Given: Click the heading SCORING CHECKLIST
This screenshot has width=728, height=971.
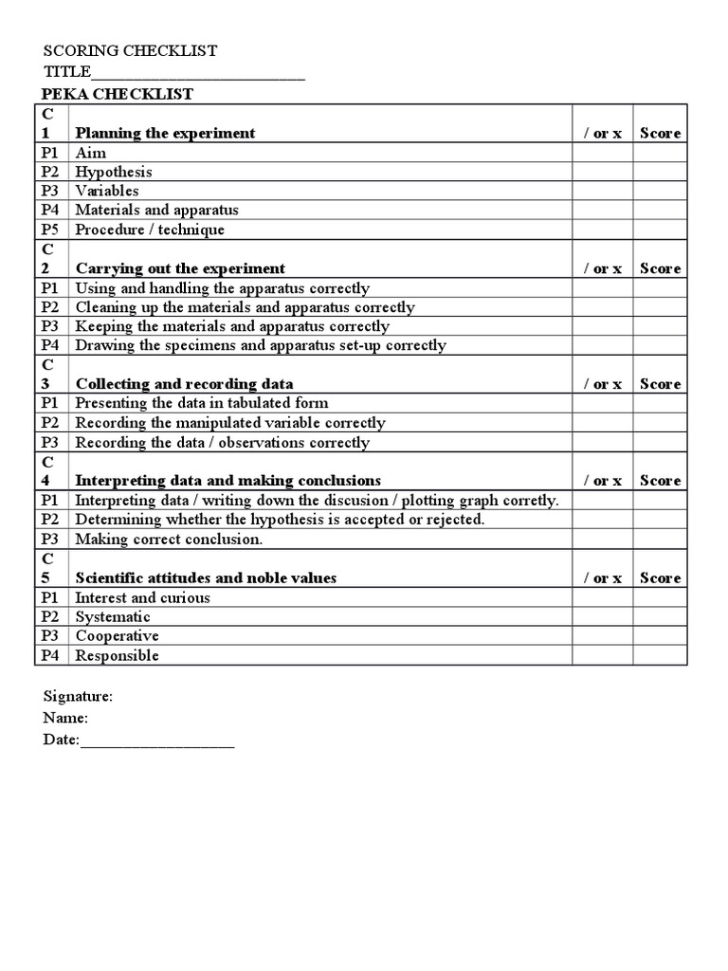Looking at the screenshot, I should (x=130, y=50).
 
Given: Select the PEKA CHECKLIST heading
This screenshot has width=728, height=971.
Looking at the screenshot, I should (x=118, y=94).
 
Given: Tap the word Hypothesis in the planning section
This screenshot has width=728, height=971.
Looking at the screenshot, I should (x=114, y=172).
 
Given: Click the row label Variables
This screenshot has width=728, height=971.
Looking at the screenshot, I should (x=107, y=191).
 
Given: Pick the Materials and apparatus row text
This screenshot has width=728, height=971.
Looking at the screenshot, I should (x=157, y=210).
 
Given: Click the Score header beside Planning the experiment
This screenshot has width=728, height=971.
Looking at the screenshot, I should (x=660, y=133).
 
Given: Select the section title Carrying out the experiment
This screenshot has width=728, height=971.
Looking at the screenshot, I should (x=180, y=268).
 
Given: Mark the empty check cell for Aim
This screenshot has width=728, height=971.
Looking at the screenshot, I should (x=602, y=153).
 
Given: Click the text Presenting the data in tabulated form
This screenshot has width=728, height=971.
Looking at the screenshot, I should (x=202, y=403).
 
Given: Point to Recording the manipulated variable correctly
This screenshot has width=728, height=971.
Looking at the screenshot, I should (x=230, y=423).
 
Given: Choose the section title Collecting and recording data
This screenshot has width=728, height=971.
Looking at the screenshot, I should (x=184, y=384).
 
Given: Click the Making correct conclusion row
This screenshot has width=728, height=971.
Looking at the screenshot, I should (x=169, y=539).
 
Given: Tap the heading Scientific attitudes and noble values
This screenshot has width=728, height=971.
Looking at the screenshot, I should (x=206, y=577).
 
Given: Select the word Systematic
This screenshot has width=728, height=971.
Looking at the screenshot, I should (x=113, y=616).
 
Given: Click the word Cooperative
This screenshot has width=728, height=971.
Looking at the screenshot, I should (x=117, y=635).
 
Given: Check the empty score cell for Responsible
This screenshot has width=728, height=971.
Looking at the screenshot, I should (x=660, y=655).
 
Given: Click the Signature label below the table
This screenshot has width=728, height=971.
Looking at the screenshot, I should (x=78, y=696).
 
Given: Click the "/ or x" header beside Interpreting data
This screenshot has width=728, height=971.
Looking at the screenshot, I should (x=602, y=481).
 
